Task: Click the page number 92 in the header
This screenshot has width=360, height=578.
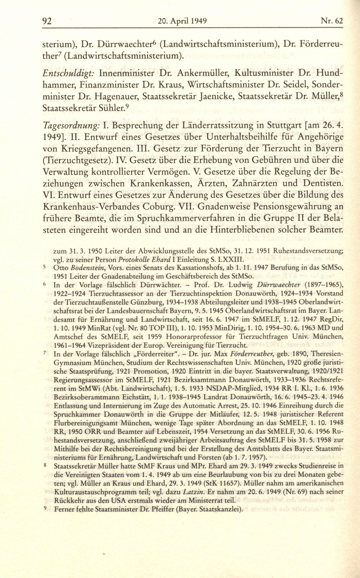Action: (x=47, y=21)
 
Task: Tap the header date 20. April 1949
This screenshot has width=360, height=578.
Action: (x=182, y=21)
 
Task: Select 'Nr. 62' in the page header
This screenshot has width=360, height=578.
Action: (x=332, y=21)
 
